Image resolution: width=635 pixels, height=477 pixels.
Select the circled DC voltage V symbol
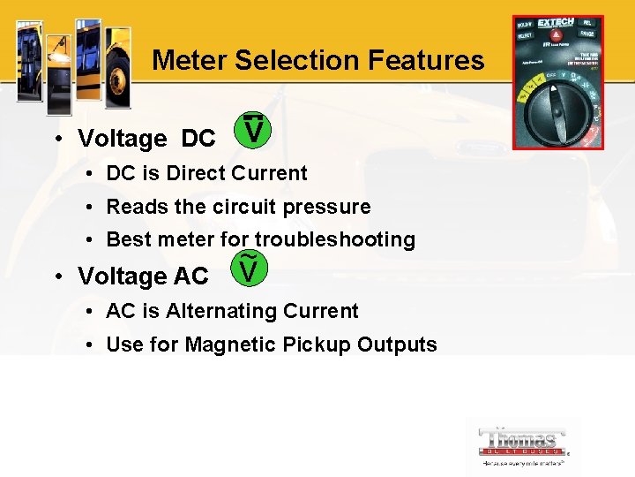(x=253, y=130)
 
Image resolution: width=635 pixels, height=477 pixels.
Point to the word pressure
(x=327, y=207)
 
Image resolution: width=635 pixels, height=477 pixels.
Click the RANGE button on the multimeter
(x=586, y=38)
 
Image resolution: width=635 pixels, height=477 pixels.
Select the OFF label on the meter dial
(x=553, y=78)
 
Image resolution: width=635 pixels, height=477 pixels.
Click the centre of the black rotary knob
(x=558, y=115)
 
